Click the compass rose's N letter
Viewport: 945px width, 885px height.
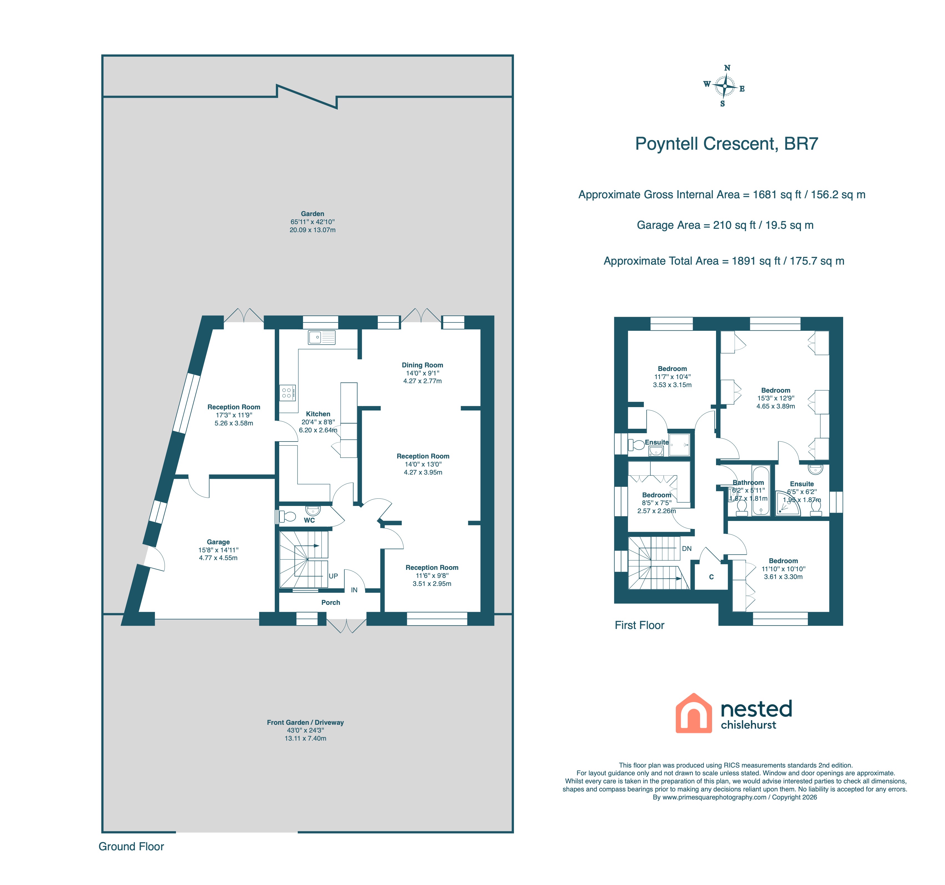coord(727,68)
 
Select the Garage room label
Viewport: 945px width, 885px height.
coord(218,542)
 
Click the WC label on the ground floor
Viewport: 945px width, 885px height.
coord(309,520)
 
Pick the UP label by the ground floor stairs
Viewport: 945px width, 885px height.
coord(333,576)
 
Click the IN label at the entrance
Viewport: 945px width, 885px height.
coord(354,590)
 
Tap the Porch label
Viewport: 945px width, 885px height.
coord(331,603)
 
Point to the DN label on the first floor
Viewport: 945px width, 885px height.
coord(687,548)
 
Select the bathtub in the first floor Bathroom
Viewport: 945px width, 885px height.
coord(761,490)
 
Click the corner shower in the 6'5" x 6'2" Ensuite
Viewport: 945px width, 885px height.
coord(787,505)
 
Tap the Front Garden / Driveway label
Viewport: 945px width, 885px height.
coord(305,722)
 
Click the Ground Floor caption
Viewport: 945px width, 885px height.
coord(131,846)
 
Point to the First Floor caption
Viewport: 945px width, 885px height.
coord(639,625)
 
